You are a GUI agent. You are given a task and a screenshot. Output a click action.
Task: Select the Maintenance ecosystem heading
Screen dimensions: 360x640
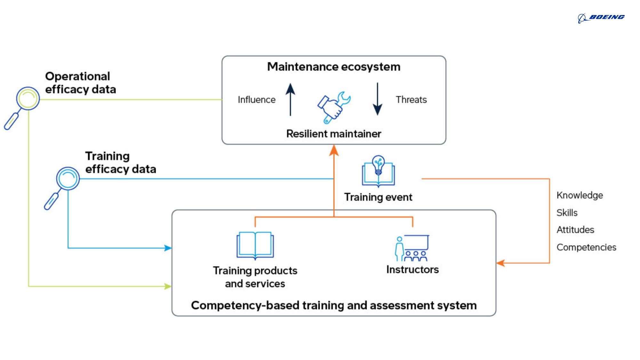tap(333, 67)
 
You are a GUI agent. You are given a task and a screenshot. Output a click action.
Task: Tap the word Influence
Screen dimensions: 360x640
tap(256, 100)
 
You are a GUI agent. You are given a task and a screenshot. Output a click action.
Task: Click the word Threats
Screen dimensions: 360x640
tap(411, 100)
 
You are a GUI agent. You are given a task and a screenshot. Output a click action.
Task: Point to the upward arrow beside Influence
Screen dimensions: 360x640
tap(290, 99)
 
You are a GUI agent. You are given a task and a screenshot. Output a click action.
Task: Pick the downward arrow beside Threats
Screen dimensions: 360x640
tap(378, 99)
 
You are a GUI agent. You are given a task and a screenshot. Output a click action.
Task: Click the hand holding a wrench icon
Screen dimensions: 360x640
tap(333, 107)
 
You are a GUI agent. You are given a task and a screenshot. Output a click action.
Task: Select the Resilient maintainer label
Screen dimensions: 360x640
tap(333, 134)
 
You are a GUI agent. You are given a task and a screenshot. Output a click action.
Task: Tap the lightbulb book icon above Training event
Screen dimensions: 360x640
tap(378, 171)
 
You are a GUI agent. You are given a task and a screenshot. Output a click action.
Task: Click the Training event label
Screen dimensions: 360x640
tap(378, 197)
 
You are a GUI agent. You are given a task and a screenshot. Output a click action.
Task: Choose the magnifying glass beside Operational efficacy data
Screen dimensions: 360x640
tap(22, 107)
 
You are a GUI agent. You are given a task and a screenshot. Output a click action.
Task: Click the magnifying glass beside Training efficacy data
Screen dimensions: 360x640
tap(62, 187)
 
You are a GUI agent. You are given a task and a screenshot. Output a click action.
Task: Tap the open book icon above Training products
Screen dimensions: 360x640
tap(255, 245)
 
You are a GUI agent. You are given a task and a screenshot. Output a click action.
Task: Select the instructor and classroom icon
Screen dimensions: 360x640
tap(412, 248)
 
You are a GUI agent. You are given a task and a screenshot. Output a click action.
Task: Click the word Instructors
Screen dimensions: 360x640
tap(412, 270)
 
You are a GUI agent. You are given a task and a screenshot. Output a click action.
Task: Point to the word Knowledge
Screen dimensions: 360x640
tap(580, 195)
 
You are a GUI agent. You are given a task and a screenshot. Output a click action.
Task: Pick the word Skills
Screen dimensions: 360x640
tap(567, 213)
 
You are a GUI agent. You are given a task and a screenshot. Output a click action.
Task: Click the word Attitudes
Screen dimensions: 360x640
tap(575, 230)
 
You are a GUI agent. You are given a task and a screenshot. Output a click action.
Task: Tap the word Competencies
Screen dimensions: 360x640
tap(586, 247)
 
